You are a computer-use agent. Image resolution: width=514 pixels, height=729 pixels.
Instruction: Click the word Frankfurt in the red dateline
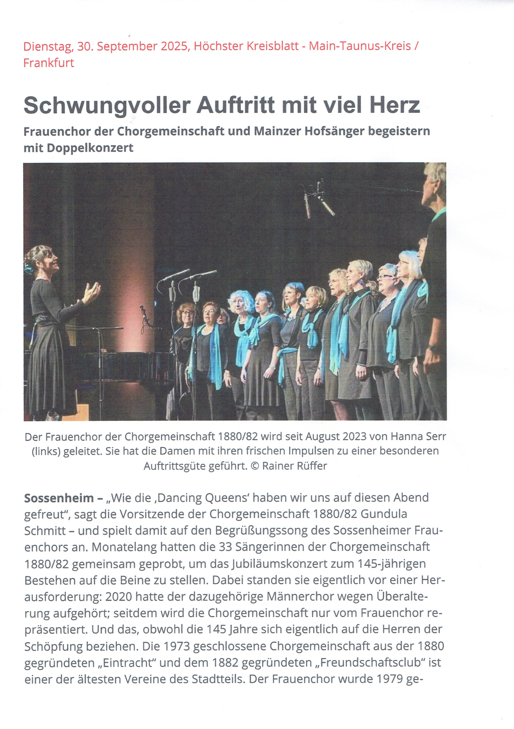pos(49,63)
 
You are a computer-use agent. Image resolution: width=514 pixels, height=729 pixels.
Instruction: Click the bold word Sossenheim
pos(59,497)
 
